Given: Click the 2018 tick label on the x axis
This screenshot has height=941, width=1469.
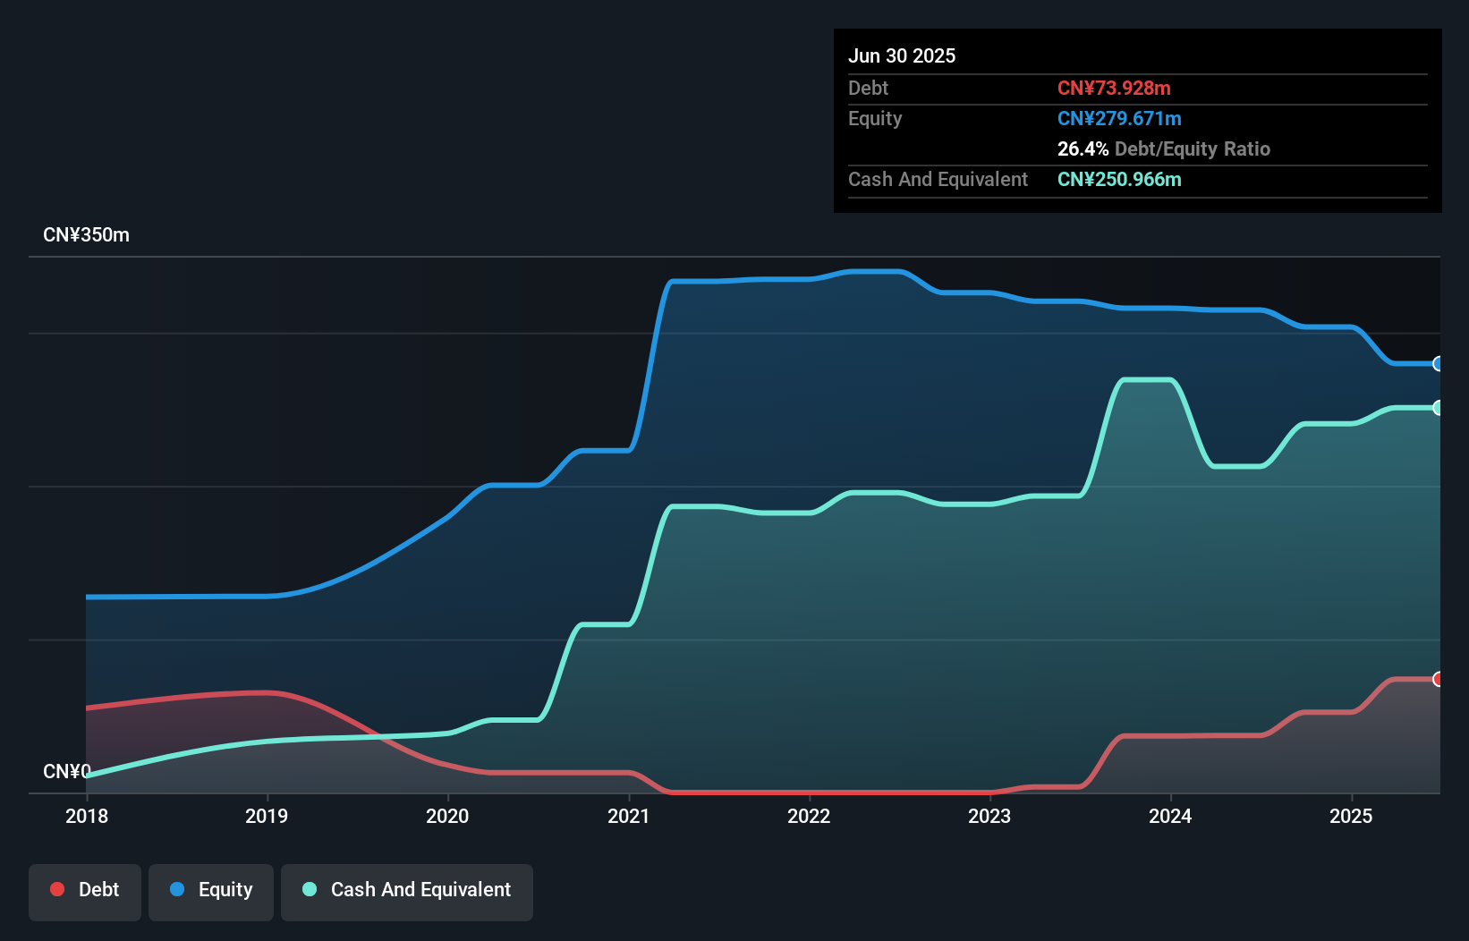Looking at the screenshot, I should pos(87,816).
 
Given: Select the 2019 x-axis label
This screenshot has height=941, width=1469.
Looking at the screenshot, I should pos(267,816).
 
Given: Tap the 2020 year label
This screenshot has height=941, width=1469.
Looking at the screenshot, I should pos(447,816).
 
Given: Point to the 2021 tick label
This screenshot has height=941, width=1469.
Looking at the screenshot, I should pos(628,816).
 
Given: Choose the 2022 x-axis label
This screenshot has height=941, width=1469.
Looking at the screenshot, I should pos(809,816).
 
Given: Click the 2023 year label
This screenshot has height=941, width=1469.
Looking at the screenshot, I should pos(989,816).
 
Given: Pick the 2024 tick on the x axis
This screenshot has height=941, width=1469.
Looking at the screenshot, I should pos(1170,816).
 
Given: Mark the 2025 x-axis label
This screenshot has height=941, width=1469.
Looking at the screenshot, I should pos(1351,816).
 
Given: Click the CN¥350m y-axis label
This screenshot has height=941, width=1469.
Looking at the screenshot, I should pos(86,235).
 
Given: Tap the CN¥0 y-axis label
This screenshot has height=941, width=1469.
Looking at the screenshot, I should pos(66,771).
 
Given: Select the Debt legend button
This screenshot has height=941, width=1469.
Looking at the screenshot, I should pos(85,890).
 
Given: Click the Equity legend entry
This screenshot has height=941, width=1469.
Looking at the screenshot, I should pos(211,890).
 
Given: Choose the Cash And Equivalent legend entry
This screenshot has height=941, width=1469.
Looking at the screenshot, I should pos(407,890).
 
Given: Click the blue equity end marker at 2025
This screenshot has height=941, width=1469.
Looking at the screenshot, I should pos(1438,364).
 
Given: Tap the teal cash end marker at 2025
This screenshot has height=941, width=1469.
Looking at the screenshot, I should pos(1438,408).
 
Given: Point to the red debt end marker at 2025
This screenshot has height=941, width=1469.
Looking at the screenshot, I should pos(1438,679).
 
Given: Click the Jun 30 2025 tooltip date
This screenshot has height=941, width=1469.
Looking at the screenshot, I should pos(902,56).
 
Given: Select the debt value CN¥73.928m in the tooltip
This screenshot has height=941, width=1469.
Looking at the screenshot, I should pos(1114,89).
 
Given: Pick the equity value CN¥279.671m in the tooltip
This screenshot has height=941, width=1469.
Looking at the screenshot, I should pos(1119,119).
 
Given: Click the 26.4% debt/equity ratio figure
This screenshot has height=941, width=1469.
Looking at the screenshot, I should pos(1083,149).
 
